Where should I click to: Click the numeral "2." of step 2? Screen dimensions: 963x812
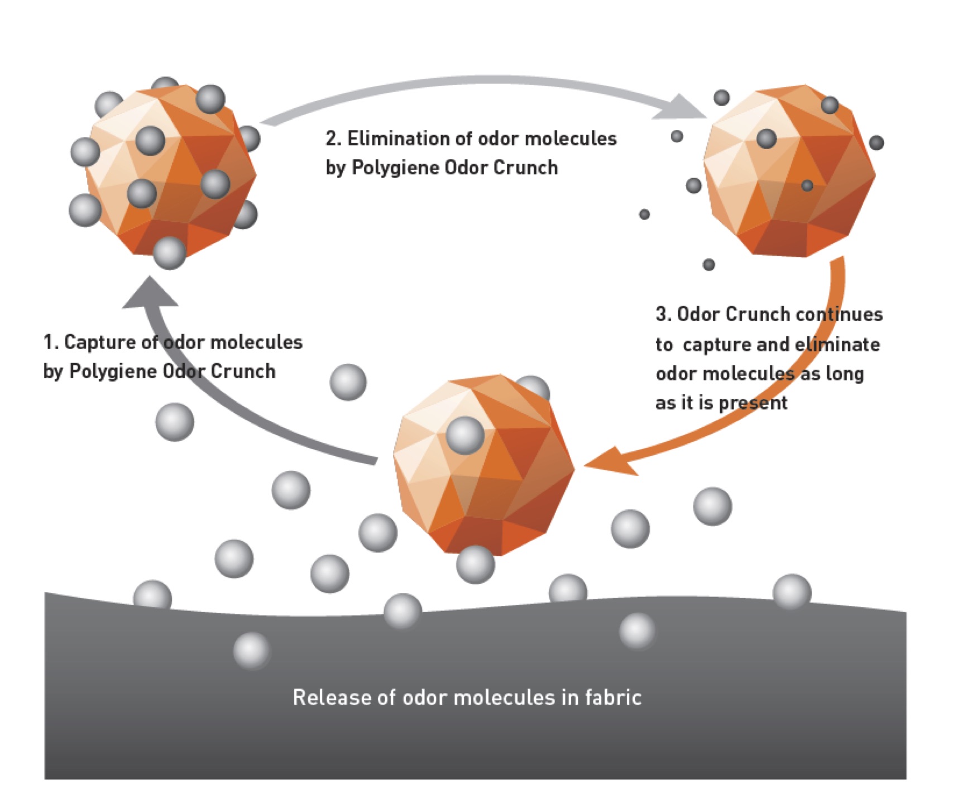point(334,138)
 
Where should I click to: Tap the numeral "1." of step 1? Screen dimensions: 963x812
point(50,342)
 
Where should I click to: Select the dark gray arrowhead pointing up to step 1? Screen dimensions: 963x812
point(150,292)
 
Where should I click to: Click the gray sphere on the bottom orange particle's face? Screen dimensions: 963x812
point(464,435)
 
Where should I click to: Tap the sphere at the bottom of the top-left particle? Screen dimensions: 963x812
point(169,252)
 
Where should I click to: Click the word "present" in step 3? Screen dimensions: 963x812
point(753,403)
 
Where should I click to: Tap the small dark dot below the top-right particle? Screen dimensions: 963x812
point(709,264)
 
